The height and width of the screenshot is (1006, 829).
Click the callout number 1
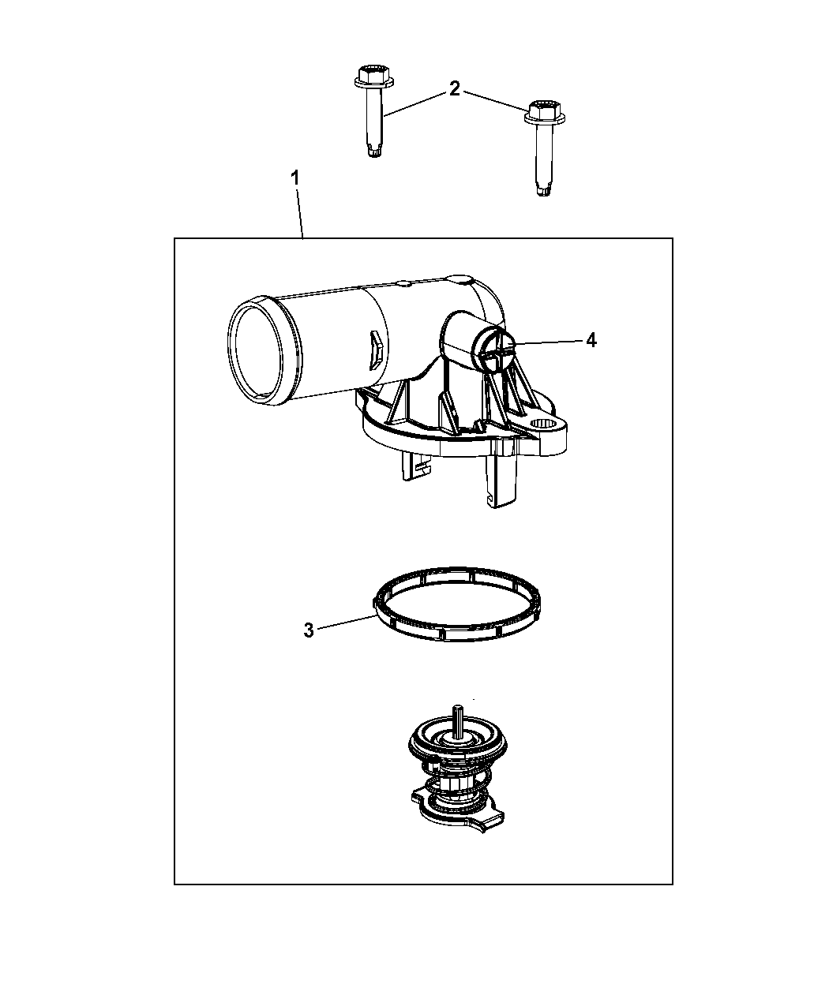click(x=294, y=179)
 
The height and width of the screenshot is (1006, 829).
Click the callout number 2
click(x=454, y=88)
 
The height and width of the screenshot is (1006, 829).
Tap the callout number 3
click(x=309, y=630)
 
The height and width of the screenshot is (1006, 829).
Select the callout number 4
click(x=591, y=340)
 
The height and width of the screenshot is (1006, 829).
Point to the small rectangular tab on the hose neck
click(x=376, y=350)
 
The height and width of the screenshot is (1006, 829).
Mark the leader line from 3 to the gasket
click(x=347, y=622)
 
